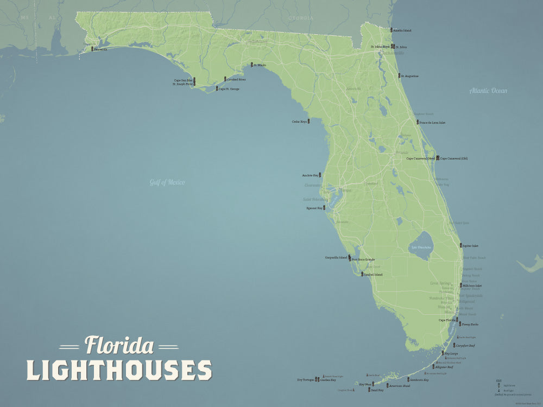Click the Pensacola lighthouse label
point(100,49)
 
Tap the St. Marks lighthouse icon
point(250,65)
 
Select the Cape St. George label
point(229,88)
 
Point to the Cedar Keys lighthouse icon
point(309,122)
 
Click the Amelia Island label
point(403,30)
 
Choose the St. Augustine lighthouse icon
point(399,76)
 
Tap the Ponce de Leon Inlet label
point(433,123)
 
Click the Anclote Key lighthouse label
point(310,175)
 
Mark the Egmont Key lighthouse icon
point(325,207)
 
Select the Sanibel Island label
point(374,275)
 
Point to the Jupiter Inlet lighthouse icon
point(460,246)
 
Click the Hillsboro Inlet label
point(472,285)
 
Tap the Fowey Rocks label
point(470,324)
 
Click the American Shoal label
point(399,386)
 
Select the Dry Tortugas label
point(305,380)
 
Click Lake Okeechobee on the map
point(420,247)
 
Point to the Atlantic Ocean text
point(488,91)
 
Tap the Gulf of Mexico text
point(167,182)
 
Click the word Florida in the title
point(119,346)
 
